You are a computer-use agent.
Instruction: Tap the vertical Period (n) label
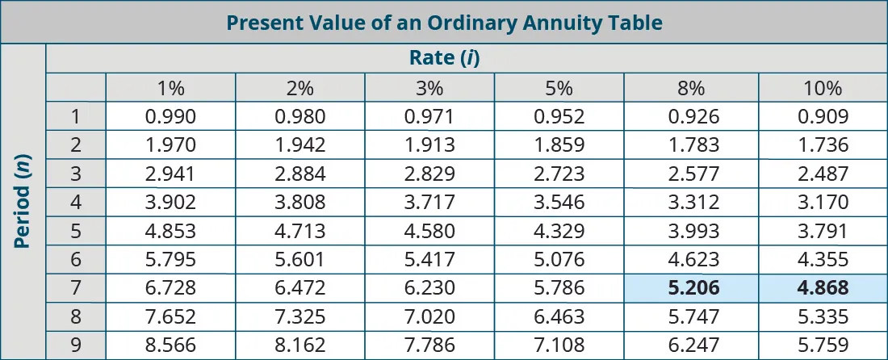coord(23,202)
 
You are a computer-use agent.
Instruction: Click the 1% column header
coord(170,88)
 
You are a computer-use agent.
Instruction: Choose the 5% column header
coord(559,88)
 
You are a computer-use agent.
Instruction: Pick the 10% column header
coord(823,88)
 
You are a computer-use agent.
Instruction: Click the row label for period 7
coord(76,288)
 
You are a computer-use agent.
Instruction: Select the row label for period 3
coord(76,174)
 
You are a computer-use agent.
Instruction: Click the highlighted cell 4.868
coord(823,288)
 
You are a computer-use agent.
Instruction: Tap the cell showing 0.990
coord(170,117)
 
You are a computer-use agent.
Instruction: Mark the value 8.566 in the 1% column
coord(170,345)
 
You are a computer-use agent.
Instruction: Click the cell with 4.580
coord(429,231)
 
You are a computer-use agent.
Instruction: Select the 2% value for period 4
coord(299,203)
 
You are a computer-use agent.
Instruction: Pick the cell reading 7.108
coord(559,345)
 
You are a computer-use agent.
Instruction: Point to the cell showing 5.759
coord(823,345)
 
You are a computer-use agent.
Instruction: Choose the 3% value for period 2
coord(429,145)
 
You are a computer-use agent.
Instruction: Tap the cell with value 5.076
coord(559,260)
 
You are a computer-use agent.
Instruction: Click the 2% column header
coord(299,88)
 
